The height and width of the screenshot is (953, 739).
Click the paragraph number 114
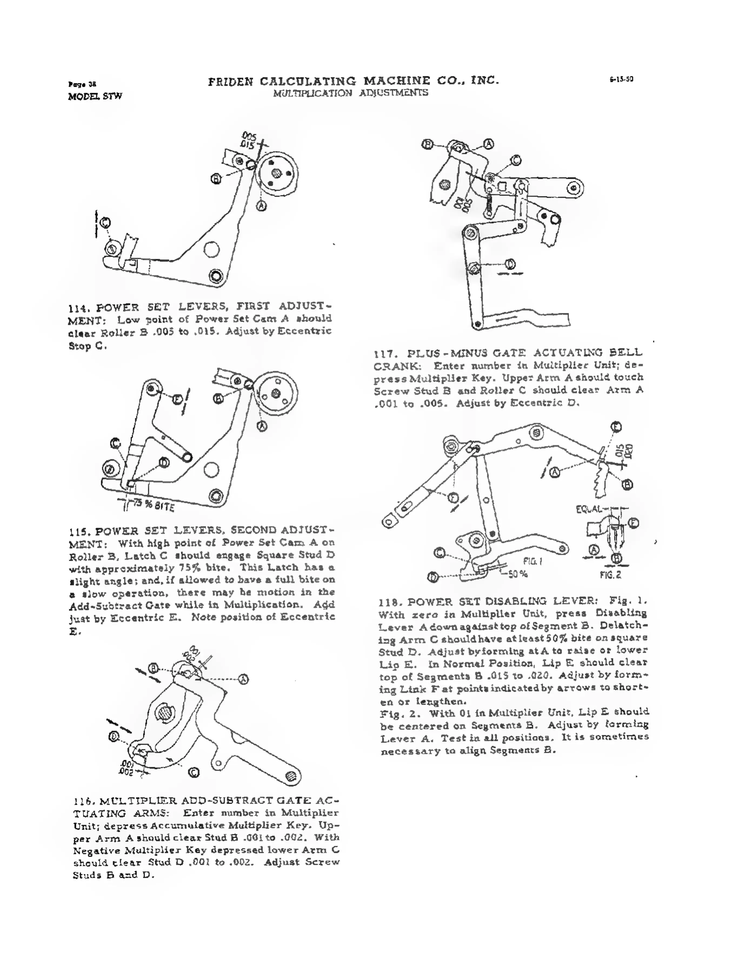pyautogui.click(x=77, y=308)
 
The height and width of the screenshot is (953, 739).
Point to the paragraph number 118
pyautogui.click(x=388, y=603)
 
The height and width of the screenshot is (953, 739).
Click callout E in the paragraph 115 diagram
pyautogui.click(x=177, y=399)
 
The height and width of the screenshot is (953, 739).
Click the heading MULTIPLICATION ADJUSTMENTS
pyautogui.click(x=350, y=93)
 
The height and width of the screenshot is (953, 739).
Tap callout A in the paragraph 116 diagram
pyautogui.click(x=244, y=679)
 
